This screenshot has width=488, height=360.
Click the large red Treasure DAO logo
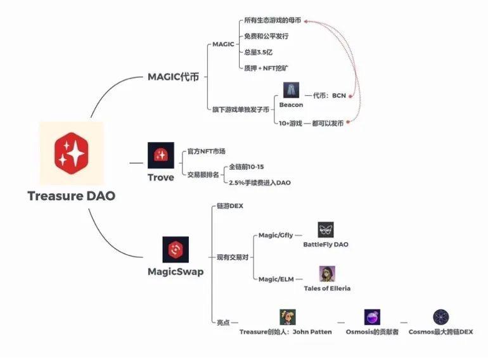coord(71,153)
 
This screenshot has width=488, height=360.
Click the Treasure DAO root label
coord(72,196)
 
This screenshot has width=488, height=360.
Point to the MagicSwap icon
coord(176,250)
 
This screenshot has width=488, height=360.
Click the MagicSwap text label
coord(176,272)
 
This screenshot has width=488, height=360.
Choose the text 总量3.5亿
coord(259,51)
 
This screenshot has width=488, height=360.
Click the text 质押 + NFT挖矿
coord(267,67)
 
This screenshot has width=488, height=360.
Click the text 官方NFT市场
coord(206,151)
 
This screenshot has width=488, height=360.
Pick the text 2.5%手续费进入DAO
coord(260,183)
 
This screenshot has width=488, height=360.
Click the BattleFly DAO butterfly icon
coord(326,230)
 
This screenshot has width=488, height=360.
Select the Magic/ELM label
coord(275,279)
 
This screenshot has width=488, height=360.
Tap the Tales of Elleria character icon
coord(326,274)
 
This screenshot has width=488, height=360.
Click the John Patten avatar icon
coord(287,317)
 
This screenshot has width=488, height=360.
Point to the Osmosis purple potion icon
coord(372,317)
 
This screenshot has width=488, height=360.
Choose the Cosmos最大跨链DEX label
coord(440,331)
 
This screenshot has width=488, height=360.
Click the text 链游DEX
coord(230,206)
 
